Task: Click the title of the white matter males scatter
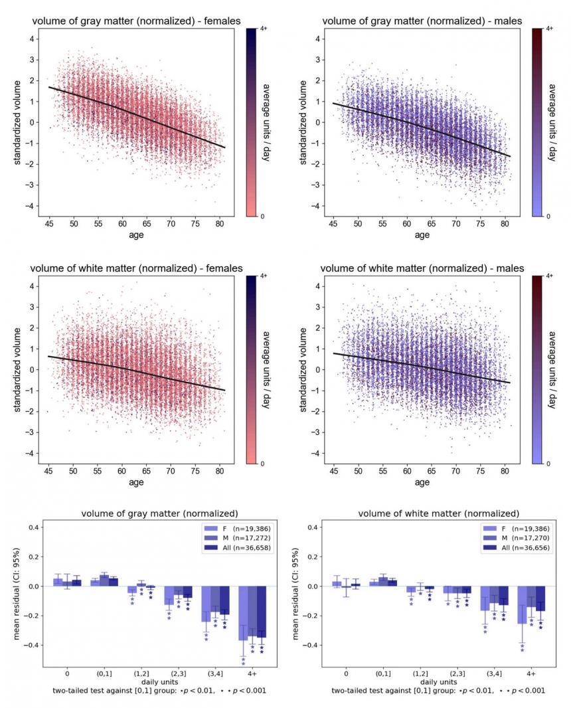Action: coord(422,268)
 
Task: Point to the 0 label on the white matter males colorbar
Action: coord(548,463)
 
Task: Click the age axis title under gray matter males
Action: coord(422,235)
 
